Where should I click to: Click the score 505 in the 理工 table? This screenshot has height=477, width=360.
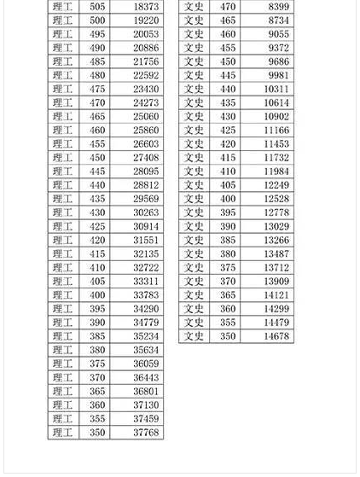pyautogui.click(x=97, y=7)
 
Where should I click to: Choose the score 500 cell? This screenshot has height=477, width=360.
pyautogui.click(x=97, y=20)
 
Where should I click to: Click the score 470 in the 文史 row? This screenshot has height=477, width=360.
pyautogui.click(x=228, y=7)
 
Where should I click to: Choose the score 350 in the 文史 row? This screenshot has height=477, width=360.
pyautogui.click(x=228, y=336)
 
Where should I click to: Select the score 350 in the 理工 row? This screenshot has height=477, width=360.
pyautogui.click(x=97, y=433)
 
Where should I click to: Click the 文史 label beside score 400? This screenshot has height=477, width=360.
pyautogui.click(x=195, y=199)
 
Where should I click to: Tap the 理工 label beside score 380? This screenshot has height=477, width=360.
pyautogui.click(x=63, y=350)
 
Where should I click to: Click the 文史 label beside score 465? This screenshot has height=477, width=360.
pyautogui.click(x=195, y=20)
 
